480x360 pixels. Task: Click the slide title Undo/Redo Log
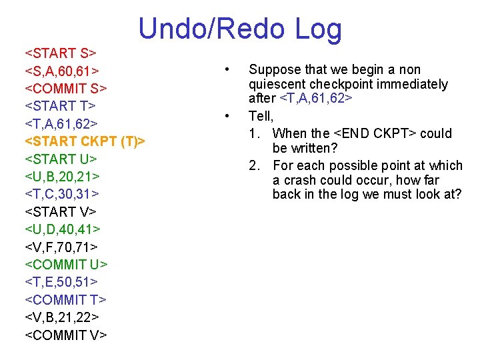pos(240,29)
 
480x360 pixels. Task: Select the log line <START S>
pos(61,53)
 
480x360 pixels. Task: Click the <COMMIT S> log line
pos(66,88)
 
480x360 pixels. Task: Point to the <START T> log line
pos(61,105)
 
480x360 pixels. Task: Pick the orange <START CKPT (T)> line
pos(85,141)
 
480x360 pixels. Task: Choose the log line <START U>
pos(61,159)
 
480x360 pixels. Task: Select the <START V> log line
pos(61,212)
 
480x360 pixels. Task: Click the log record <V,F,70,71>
pos(61,247)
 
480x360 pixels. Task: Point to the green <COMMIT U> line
pos(66,265)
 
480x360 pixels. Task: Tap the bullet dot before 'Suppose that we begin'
pos(228,69)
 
